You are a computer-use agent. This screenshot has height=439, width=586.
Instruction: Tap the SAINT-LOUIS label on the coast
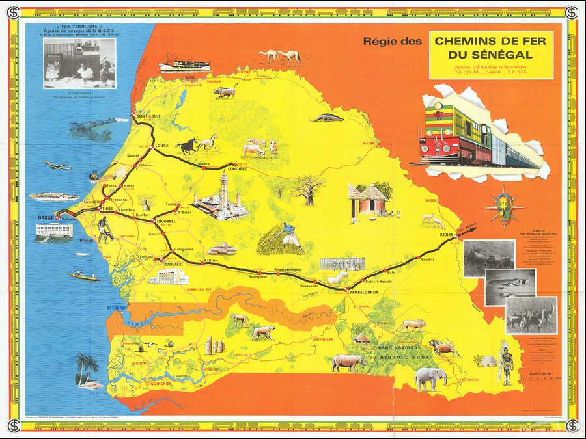point(147,117)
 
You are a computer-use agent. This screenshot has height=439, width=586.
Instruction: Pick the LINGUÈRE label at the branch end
point(236,169)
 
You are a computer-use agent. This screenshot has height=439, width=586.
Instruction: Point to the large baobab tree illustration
point(306,189)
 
